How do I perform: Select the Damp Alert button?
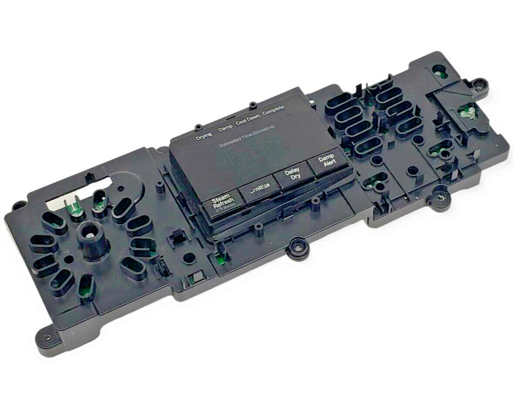(326, 161)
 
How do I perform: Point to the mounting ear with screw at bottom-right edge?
(441, 199)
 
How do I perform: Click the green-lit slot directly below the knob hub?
(86, 287)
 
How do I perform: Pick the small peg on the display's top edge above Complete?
(252, 105)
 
